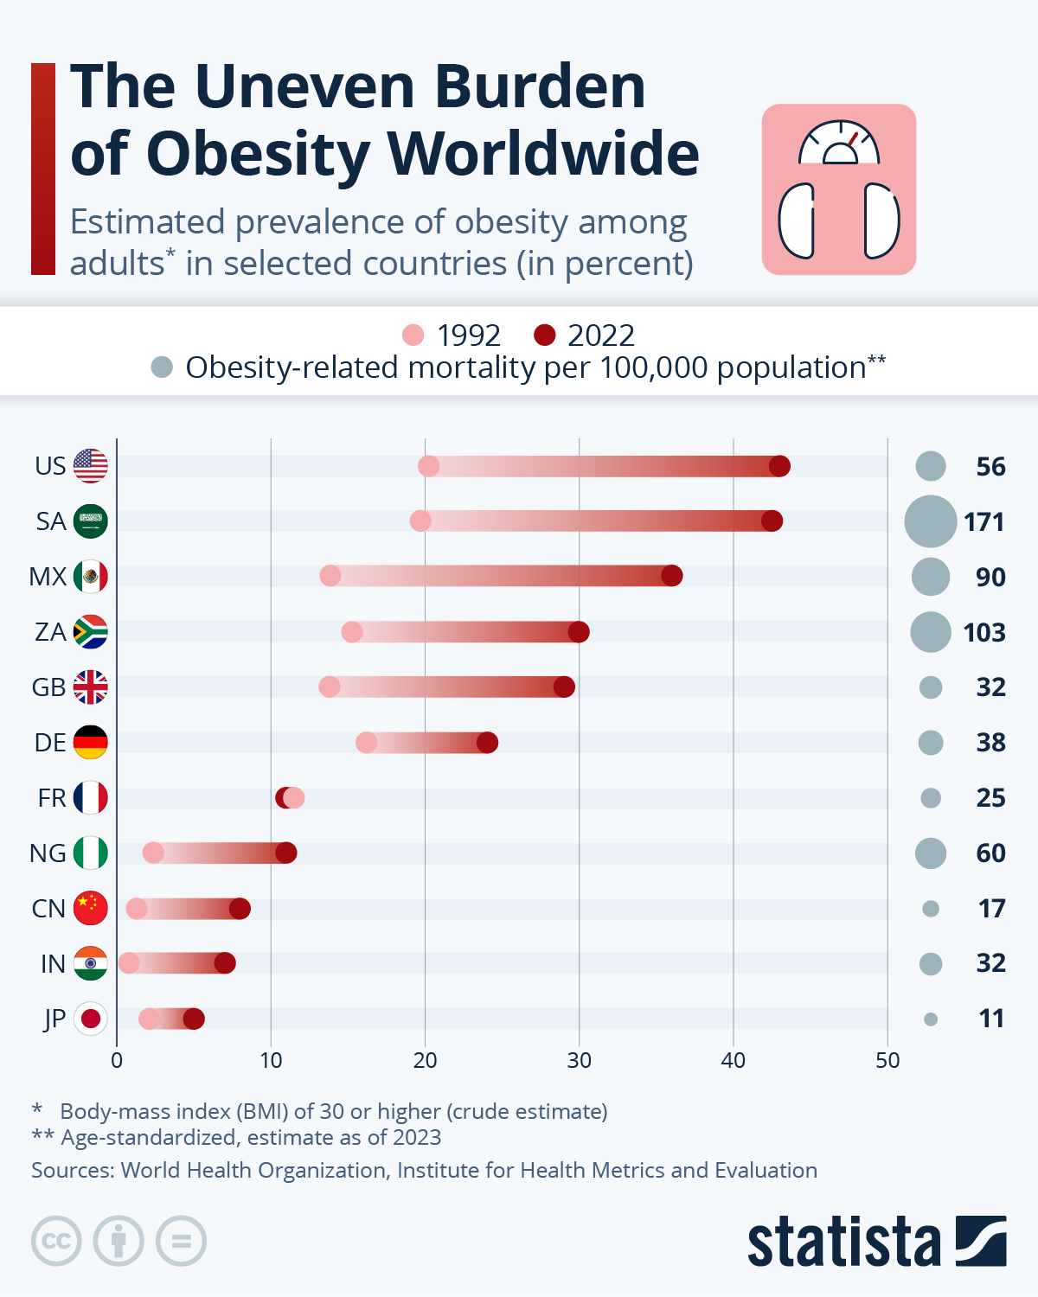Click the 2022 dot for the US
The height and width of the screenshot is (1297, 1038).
pyautogui.click(x=779, y=466)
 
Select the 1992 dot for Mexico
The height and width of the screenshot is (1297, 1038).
pyautogui.click(x=330, y=576)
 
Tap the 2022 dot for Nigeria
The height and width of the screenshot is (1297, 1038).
pyautogui.click(x=286, y=853)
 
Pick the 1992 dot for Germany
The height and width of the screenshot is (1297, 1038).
pyautogui.click(x=367, y=743)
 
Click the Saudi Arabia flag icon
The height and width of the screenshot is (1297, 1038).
pyautogui.click(x=91, y=521)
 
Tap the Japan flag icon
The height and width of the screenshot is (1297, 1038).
pyautogui.click(x=91, y=1019)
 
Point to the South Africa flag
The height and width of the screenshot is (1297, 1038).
pyautogui.click(x=91, y=632)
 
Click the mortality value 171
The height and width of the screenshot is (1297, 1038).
pyautogui.click(x=984, y=522)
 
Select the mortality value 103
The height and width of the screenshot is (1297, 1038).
pyautogui.click(x=984, y=633)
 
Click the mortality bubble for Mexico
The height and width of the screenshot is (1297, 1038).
pyautogui.click(x=931, y=577)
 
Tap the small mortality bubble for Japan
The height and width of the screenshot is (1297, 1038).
pyautogui.click(x=931, y=1019)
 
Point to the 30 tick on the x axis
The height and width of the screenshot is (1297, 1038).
pyautogui.click(x=579, y=1061)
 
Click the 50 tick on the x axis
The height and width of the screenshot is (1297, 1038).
pyautogui.click(x=887, y=1061)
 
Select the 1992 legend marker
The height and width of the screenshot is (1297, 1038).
pyautogui.click(x=413, y=335)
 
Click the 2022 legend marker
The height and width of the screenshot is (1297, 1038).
pyautogui.click(x=544, y=335)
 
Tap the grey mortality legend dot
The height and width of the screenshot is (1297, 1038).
pyautogui.click(x=162, y=367)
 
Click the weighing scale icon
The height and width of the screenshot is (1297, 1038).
pyautogui.click(x=838, y=189)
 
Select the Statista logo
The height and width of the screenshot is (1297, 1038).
pyautogui.click(x=876, y=1242)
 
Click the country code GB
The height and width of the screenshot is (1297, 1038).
pyautogui.click(x=48, y=687)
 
